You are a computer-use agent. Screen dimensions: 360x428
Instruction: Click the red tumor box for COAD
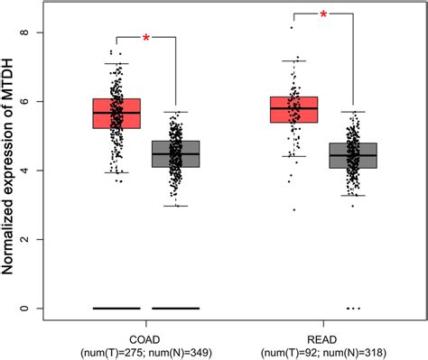(116, 114)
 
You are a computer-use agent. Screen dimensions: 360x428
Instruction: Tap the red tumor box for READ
(293, 109)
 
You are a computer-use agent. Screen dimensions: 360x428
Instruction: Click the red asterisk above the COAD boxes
(145, 38)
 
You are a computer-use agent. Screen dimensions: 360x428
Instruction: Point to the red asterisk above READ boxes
(323, 15)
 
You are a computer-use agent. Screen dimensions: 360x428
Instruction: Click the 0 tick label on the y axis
(38, 309)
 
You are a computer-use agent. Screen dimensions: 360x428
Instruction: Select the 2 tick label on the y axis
(38, 240)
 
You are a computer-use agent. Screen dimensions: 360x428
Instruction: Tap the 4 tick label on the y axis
(38, 171)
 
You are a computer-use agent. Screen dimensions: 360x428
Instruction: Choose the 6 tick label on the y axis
(38, 102)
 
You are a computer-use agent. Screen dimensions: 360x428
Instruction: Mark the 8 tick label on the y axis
(38, 33)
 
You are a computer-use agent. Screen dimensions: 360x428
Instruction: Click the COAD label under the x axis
(145, 331)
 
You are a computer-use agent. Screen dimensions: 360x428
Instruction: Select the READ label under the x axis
(323, 331)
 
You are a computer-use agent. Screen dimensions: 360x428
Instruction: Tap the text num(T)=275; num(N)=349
(145, 346)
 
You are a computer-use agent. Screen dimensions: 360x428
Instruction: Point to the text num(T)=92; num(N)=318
(323, 346)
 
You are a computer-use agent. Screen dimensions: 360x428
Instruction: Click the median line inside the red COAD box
(116, 113)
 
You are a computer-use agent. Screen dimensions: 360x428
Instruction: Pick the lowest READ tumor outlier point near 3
(293, 209)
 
